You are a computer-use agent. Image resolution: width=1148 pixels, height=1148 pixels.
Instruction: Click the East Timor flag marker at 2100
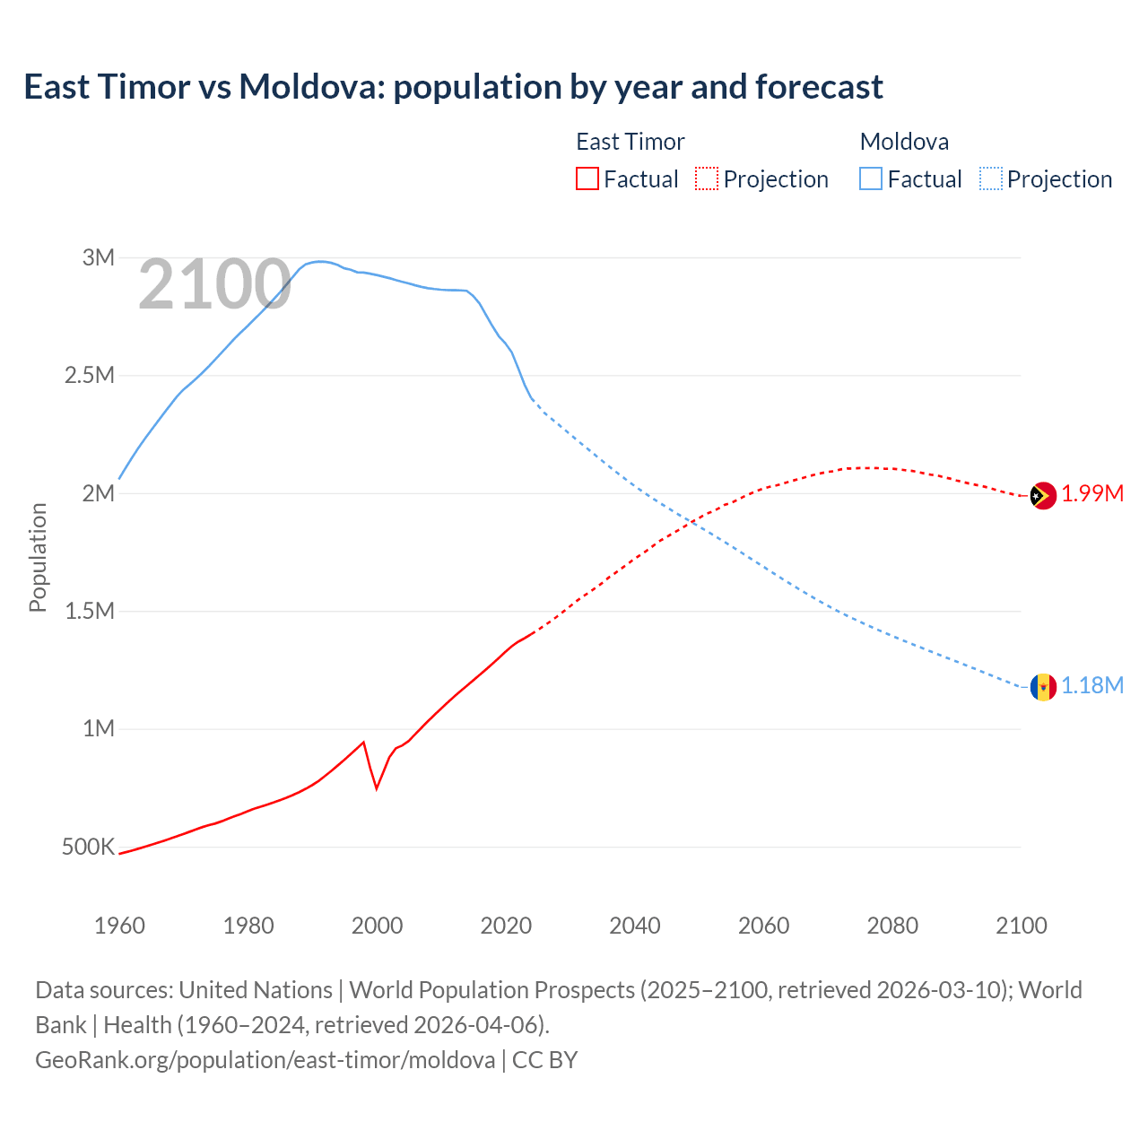pos(1042,495)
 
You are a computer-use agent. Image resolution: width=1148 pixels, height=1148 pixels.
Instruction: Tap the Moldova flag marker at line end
pos(1042,687)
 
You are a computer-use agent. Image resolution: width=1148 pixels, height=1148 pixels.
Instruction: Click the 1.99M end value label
pos(1092,494)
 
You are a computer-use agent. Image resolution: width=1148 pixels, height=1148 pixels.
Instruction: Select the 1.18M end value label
pos(1092,686)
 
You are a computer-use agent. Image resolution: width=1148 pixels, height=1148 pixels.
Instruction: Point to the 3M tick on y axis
pos(99,258)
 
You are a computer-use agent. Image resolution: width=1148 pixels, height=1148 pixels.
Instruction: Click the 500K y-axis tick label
pos(88,847)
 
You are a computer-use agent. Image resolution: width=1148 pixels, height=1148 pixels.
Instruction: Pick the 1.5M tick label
pos(90,612)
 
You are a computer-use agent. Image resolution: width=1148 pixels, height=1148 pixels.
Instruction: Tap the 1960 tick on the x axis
pos(119,926)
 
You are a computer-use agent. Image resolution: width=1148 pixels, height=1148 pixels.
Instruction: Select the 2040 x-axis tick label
pos(635,926)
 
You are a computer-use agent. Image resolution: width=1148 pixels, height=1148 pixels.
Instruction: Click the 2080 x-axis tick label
pos(892,926)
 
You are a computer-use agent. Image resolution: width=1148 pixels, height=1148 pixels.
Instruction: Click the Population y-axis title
pos(38,557)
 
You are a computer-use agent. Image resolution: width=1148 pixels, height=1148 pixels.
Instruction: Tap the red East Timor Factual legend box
pos(587,178)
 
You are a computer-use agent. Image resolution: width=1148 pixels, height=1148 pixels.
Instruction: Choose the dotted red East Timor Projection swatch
pos(707,178)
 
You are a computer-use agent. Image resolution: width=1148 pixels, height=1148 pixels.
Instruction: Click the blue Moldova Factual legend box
pos(871,178)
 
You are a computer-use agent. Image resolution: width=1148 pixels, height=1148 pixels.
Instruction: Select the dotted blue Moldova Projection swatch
pos(991,178)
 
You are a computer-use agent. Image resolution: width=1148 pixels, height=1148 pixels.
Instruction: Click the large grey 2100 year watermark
pos(214,285)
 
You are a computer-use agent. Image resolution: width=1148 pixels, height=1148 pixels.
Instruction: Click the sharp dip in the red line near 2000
pos(377,787)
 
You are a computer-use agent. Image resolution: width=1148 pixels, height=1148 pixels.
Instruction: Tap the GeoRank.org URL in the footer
pos(265,1060)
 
